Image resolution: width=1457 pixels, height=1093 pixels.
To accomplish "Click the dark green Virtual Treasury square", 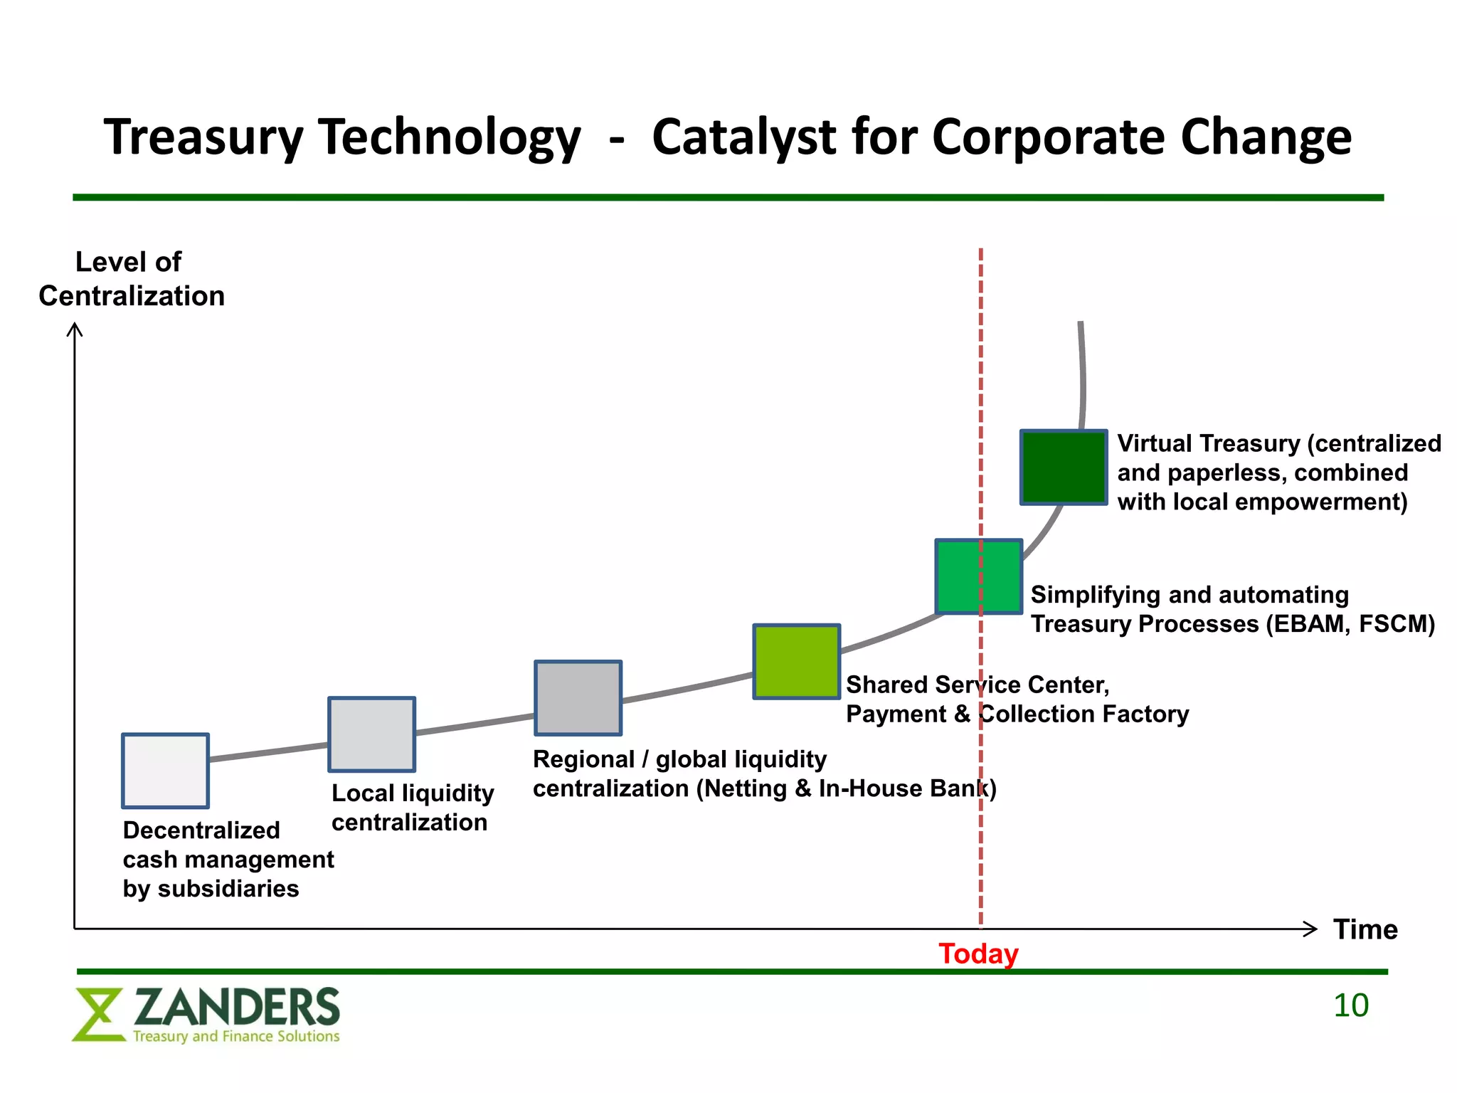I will coord(1064,468).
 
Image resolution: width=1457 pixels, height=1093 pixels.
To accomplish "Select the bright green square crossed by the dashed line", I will coord(979,576).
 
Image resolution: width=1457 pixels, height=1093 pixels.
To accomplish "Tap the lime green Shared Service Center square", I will coord(797,662).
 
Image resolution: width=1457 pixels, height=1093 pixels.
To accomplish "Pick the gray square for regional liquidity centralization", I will coord(578,698).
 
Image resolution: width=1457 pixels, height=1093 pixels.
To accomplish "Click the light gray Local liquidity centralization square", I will coord(371,734).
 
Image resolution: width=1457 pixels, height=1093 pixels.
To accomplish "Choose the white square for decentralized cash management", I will coord(165,771).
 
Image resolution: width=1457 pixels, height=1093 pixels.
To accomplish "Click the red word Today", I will coord(978,954).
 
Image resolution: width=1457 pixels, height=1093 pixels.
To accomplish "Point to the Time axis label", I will coord(1365,929).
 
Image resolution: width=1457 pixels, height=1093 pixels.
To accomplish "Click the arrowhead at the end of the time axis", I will coord(1311,929).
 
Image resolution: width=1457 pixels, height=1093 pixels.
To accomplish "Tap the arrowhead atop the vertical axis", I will coord(75,329).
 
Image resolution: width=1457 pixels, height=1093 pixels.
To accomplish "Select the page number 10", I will coord(1350,1005).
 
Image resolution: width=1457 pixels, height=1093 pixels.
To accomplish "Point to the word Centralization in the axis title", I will coord(132,296).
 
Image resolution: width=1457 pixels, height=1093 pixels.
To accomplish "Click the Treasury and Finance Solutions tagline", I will coord(236,1036).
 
